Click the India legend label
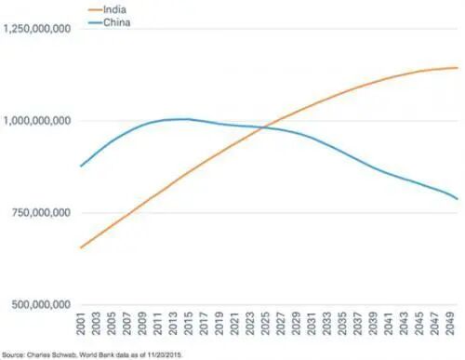pyautogui.click(x=114, y=9)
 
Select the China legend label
pyautogui.click(x=116, y=22)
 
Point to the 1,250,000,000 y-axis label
pyautogui.click(x=37, y=29)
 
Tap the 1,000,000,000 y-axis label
pyautogui.click(x=37, y=121)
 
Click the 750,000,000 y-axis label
pyautogui.click(x=42, y=213)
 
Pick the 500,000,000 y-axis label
pyautogui.click(x=42, y=304)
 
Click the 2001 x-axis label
pyautogui.click(x=81, y=324)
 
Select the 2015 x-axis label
pyautogui.click(x=189, y=324)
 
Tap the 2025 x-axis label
pyautogui.click(x=265, y=324)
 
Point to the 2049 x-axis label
pyautogui.click(x=450, y=324)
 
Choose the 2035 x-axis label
pyautogui.click(x=342, y=324)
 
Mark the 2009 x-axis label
pyautogui.click(x=142, y=324)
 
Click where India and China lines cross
pyautogui.click(x=264, y=127)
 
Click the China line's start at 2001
pyautogui.click(x=81, y=167)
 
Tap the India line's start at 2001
pyautogui.click(x=81, y=247)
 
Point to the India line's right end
pyautogui.click(x=458, y=68)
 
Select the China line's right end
pyautogui.click(x=458, y=199)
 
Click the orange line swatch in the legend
pyautogui.click(x=95, y=9)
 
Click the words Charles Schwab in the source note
pyautogui.click(x=51, y=354)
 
